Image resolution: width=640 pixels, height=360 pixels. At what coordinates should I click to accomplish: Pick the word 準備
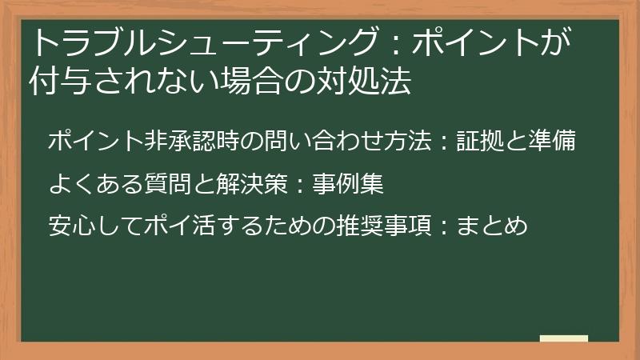click(555, 142)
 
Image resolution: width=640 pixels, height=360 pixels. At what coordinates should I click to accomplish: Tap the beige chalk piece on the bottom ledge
click(564, 338)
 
